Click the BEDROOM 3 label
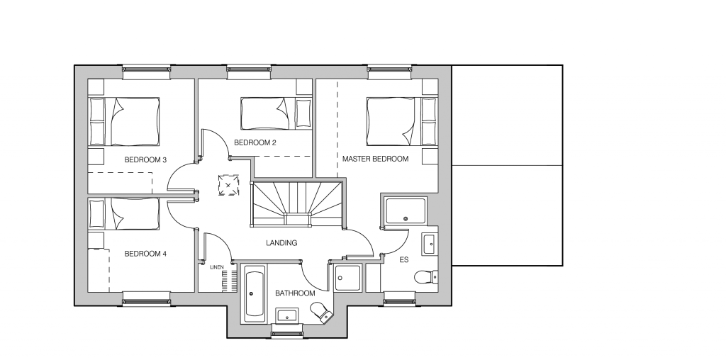145,160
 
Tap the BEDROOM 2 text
255,142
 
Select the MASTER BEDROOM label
376,159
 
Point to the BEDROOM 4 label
145,254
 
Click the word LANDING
281,243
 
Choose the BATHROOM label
295,293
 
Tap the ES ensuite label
404,259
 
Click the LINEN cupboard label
217,267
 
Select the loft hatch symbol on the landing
228,185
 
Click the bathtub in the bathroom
253,294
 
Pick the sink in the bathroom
288,316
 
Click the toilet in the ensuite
426,276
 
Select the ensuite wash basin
430,244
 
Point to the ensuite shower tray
406,211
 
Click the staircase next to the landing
297,204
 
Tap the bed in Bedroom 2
276,113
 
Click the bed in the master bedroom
401,121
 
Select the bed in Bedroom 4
123,214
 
